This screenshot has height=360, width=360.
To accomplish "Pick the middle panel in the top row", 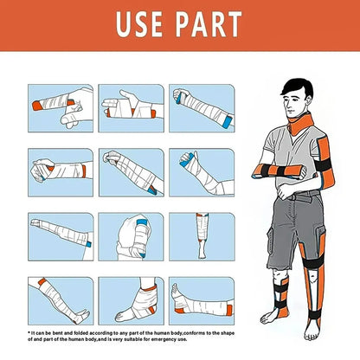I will click(x=129, y=109).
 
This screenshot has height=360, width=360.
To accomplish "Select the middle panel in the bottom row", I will click(x=129, y=299).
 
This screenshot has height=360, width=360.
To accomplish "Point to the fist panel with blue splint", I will click(x=129, y=237).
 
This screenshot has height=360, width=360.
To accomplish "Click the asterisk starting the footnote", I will click(x=29, y=331).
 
